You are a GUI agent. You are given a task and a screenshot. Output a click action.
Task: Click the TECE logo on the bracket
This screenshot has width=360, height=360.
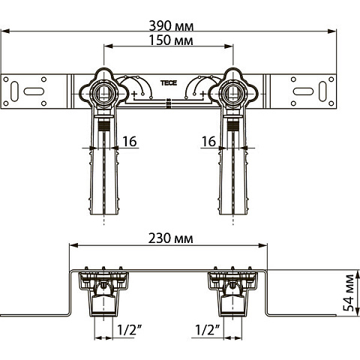coord(167,85)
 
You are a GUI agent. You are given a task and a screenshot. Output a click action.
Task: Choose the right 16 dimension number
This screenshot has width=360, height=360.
coord(209,141)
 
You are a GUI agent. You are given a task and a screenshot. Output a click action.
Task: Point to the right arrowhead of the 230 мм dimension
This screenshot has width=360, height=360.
coord(266,247)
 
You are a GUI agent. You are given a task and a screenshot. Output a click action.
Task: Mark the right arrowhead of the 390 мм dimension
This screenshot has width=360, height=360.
coord(334,31)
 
